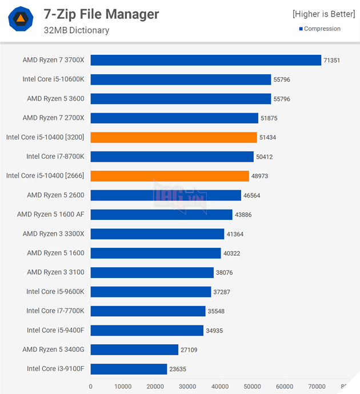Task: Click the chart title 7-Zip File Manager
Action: [x=101, y=14]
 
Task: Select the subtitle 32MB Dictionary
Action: [x=76, y=30]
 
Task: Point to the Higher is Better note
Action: [x=323, y=14]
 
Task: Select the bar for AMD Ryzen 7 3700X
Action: [x=206, y=60]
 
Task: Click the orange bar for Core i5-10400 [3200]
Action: [x=174, y=137]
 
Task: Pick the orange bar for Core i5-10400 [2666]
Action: [x=170, y=176]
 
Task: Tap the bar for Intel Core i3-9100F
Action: [x=129, y=369]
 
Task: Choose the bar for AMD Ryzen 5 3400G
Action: [x=134, y=349]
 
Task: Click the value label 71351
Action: [x=332, y=60]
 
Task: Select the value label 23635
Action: [x=178, y=369]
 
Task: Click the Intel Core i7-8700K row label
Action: [x=55, y=156]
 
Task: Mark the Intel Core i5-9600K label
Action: [x=55, y=291]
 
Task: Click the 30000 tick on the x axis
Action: [x=187, y=387]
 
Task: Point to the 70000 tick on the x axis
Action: [x=317, y=387]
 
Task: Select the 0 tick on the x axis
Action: [x=91, y=387]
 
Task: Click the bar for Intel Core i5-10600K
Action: [x=181, y=79]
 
